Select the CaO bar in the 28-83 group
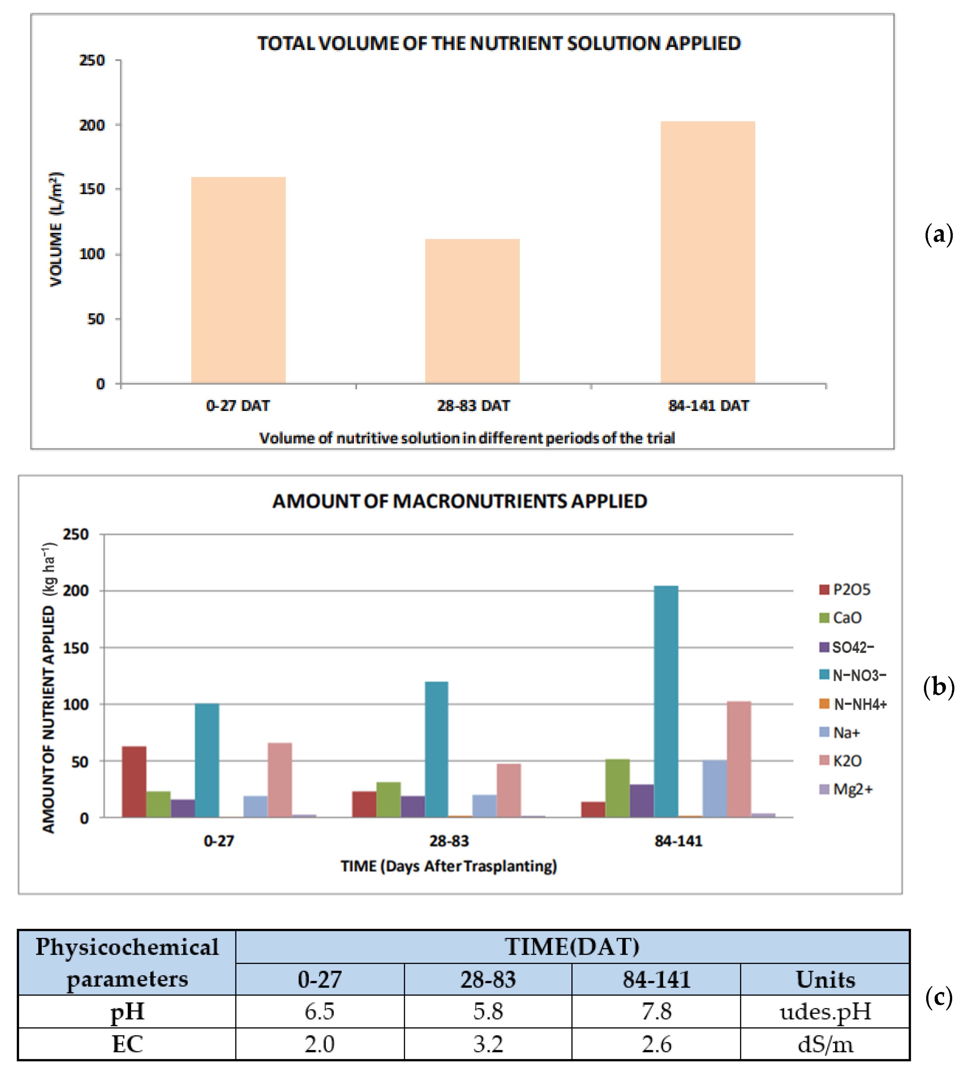tap(388, 799)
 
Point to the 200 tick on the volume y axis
tap(92, 125)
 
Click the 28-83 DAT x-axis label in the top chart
tap(473, 406)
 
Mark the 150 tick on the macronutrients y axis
tap(76, 648)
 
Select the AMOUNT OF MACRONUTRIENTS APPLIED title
tap(460, 501)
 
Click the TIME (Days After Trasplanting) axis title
tap(449, 866)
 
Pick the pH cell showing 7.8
tap(656, 1011)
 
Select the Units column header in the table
tap(825, 980)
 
